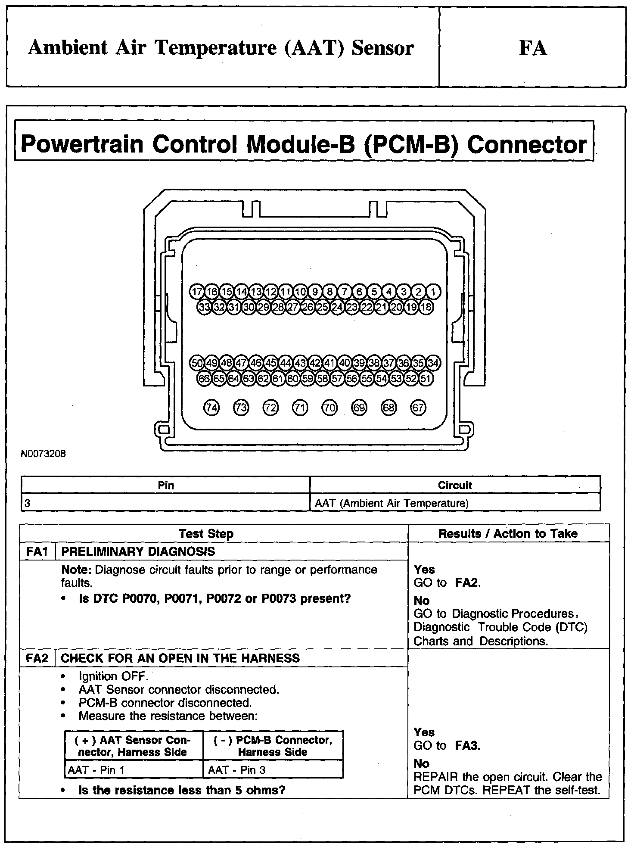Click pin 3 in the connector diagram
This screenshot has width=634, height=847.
(404, 292)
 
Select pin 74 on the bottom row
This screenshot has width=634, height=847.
(211, 408)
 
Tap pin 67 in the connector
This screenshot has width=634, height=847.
(418, 408)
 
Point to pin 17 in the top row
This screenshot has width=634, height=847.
(197, 292)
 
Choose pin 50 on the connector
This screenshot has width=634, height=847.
(197, 363)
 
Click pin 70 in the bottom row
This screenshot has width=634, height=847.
(329, 408)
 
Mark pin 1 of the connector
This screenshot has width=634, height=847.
(433, 292)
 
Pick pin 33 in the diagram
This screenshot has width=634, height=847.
(204, 307)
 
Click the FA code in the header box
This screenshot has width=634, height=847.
(533, 48)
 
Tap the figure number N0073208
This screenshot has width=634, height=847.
(44, 454)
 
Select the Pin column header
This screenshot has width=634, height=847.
(166, 485)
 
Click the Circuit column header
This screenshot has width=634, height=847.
(455, 485)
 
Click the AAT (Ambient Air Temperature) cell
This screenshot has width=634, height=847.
(392, 503)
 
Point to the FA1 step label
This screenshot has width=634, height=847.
(37, 551)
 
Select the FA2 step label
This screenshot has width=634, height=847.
(37, 658)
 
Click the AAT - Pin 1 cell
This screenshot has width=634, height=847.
(96, 770)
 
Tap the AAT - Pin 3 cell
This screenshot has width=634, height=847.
(237, 770)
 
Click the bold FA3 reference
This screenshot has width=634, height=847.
(467, 745)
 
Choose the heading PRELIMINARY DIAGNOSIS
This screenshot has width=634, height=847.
(138, 551)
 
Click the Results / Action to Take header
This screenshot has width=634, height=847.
(508, 533)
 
